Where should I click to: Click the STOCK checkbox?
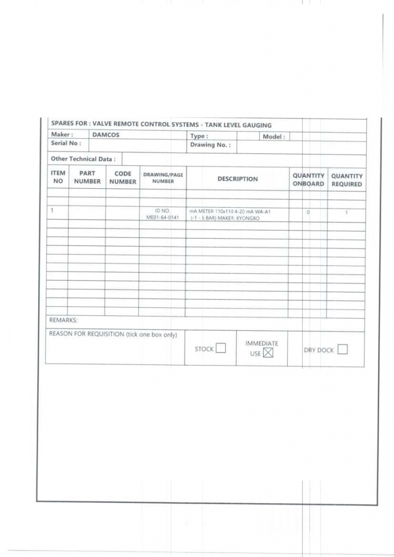[220, 349]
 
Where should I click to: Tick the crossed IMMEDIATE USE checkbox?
[267, 353]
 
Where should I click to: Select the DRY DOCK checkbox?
[342, 350]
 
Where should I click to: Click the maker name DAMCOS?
[106, 135]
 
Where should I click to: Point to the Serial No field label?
[66, 143]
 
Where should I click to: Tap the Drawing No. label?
[210, 145]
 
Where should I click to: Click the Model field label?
[274, 137]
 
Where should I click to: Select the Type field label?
[199, 137]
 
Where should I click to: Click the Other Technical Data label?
[83, 159]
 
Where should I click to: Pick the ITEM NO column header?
[58, 177]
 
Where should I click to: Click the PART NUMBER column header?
[88, 178]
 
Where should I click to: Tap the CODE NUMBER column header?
[122, 178]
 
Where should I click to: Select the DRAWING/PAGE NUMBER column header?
[162, 178]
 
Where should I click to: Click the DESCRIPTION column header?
[238, 179]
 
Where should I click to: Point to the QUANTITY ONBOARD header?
[309, 180]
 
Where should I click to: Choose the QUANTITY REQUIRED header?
[347, 180]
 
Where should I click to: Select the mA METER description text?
[230, 211]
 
